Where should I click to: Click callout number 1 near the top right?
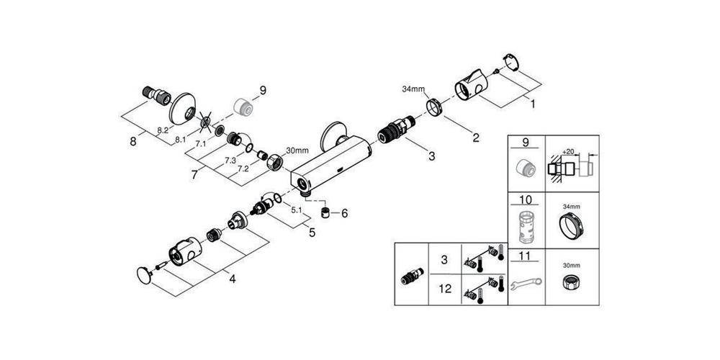click(532, 104)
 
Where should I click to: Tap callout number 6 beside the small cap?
click(343, 213)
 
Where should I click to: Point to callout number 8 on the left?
click(132, 142)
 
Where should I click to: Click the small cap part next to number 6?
click(326, 214)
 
